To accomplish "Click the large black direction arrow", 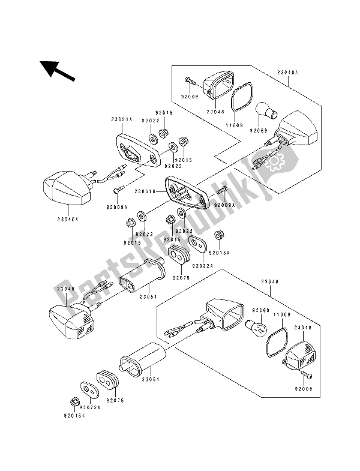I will pos(58,70).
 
